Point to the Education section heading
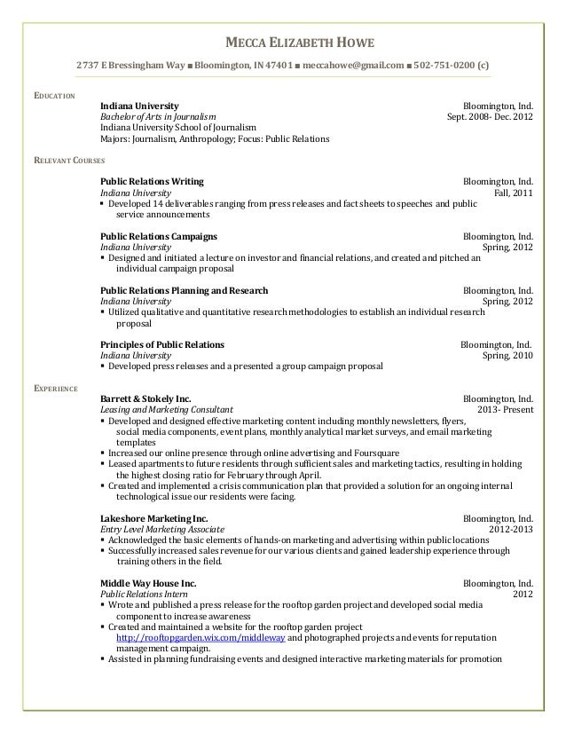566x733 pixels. (x=54, y=95)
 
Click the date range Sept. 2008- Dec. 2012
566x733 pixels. (x=490, y=116)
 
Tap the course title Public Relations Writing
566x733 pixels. (x=152, y=181)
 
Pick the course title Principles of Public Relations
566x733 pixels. (x=162, y=344)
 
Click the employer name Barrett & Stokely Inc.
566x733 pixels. (x=145, y=399)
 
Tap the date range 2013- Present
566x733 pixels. (x=506, y=411)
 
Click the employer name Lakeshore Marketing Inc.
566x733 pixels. (x=154, y=518)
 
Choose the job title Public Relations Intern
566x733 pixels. (x=145, y=594)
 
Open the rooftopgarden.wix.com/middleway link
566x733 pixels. (x=201, y=637)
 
